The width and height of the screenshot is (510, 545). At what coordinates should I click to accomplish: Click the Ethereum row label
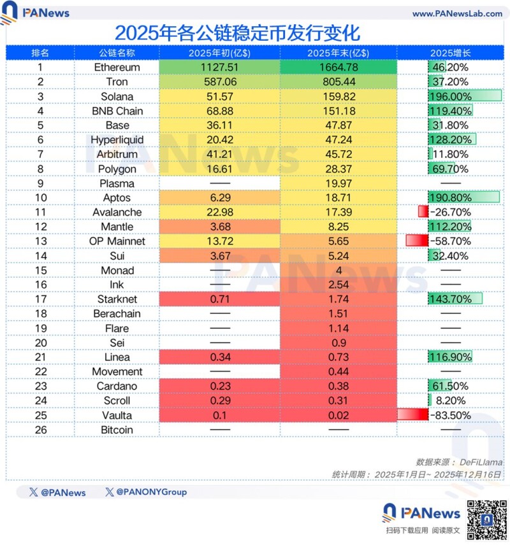[x=117, y=67]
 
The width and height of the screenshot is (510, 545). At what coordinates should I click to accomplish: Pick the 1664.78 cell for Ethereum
[x=338, y=67]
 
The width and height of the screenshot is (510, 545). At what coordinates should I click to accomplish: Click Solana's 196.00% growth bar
[x=465, y=96]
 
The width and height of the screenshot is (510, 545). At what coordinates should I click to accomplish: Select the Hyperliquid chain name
[x=117, y=139]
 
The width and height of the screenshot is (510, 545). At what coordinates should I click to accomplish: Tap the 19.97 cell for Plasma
[x=338, y=183]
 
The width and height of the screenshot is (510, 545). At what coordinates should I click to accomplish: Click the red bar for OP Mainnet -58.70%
[x=416, y=241]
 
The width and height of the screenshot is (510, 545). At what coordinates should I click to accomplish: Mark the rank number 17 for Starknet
[x=40, y=299]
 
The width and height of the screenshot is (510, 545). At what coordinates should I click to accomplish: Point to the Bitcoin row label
[x=117, y=430]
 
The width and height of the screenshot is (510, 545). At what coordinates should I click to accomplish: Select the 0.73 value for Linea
[x=338, y=357]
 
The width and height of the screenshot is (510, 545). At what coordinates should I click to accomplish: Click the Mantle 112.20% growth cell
[x=450, y=227]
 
